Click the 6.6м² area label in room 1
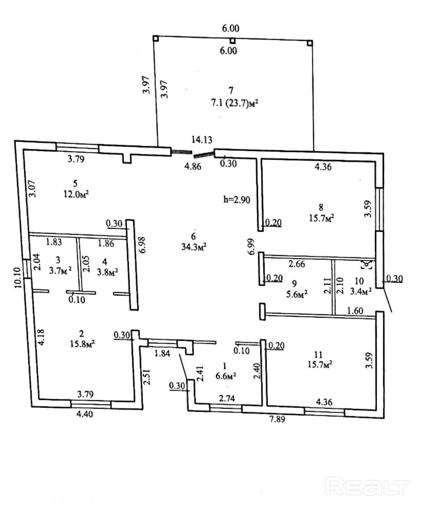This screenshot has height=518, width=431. (x=225, y=376)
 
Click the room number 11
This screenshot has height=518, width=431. (x=318, y=354)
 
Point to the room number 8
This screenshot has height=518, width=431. (x=321, y=208)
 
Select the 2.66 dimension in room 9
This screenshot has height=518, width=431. (x=298, y=265)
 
